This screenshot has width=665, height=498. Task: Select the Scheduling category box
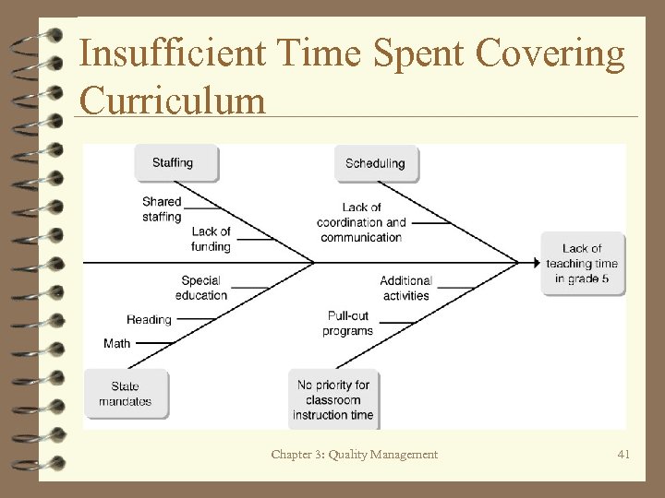coord(375,163)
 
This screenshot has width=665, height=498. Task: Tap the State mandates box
coord(126,394)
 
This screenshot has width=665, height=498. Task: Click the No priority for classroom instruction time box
coord(333,399)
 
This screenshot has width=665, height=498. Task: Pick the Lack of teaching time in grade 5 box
coord(582,264)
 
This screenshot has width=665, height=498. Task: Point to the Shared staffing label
coord(162,209)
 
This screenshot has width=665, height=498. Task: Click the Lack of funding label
coord(211,239)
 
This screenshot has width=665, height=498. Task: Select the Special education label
coord(201,288)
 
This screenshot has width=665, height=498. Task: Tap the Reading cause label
coord(149,320)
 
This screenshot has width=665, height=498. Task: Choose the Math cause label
coord(117,343)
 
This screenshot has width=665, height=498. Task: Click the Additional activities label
coord(405,288)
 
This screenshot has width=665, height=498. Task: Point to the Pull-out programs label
coord(348,323)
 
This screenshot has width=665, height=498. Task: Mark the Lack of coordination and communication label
coord(361,222)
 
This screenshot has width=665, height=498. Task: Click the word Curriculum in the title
coord(173,99)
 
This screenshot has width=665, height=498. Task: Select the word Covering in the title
coord(550,53)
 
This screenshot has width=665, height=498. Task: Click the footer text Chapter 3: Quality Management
coord(355,454)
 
